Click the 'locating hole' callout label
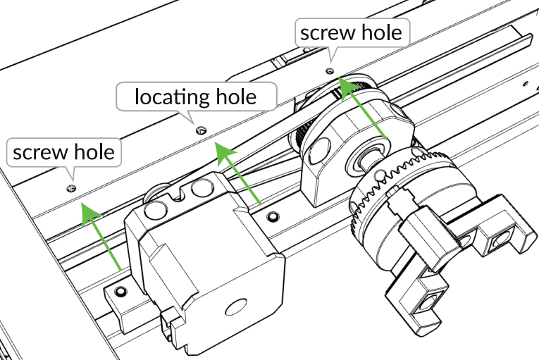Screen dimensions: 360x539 click(x=195, y=96)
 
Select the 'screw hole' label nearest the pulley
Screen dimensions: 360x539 click(x=350, y=32)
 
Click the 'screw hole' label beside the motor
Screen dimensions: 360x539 click(x=63, y=151)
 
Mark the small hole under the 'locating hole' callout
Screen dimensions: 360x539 click(x=200, y=130)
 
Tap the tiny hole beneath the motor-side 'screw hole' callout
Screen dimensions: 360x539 click(x=71, y=188)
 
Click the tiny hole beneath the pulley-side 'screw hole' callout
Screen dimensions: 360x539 click(x=329, y=71)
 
